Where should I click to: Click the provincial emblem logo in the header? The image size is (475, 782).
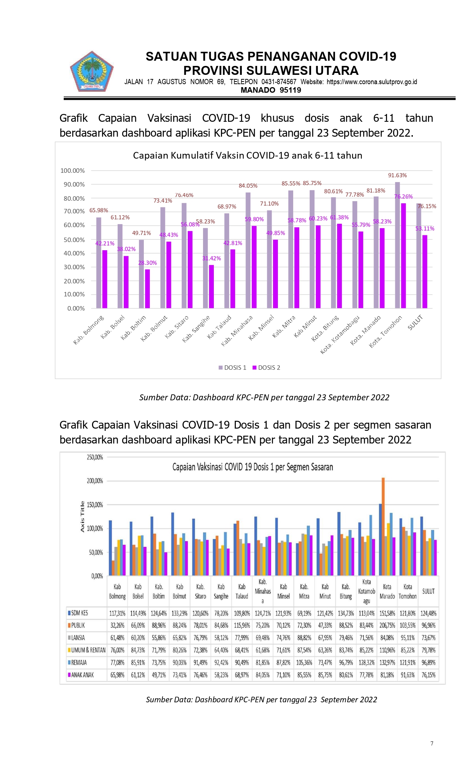point(92,71)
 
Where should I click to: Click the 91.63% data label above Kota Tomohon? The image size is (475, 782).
point(398,175)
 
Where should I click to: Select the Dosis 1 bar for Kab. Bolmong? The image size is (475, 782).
point(99,263)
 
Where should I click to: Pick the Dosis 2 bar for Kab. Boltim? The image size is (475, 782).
point(148,289)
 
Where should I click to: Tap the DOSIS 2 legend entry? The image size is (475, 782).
point(266,368)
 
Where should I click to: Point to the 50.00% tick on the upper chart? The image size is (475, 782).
point(74,240)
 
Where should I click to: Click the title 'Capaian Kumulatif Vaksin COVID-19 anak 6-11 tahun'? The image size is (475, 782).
point(248,155)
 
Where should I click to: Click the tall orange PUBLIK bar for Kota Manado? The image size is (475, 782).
point(383,527)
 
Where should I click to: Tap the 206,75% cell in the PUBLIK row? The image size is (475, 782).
point(387,625)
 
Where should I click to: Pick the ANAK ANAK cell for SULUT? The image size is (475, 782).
point(428,675)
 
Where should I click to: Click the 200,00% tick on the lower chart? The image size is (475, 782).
point(95,481)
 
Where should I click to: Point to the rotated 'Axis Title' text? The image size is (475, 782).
point(82,517)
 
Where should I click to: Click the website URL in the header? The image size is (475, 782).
point(372,82)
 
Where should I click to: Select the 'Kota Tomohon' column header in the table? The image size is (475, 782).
point(408,591)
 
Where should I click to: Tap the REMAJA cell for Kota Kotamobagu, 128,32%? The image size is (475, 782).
point(367,662)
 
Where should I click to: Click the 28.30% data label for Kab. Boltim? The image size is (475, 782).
point(148,263)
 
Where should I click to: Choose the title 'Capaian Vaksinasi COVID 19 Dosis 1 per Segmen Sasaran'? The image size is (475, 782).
point(253,467)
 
